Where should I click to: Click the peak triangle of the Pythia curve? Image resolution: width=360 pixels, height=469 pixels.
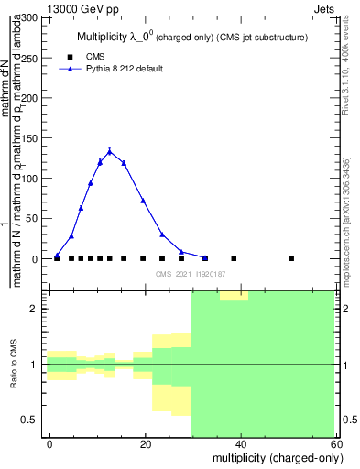tap(110, 151)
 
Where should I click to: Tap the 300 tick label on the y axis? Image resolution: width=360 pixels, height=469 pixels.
tap(27, 17)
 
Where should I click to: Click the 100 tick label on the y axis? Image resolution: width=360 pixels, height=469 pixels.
tap(27, 179)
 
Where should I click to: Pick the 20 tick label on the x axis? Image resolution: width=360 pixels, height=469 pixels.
tap(146, 444)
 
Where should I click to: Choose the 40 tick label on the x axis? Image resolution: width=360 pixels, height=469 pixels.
tap(240, 444)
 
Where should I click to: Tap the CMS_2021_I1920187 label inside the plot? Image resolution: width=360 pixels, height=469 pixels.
tap(191, 274)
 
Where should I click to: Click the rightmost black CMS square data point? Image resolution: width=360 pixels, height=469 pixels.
tap(291, 258)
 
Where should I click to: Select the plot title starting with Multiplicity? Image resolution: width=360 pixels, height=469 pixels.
tap(191, 37)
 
